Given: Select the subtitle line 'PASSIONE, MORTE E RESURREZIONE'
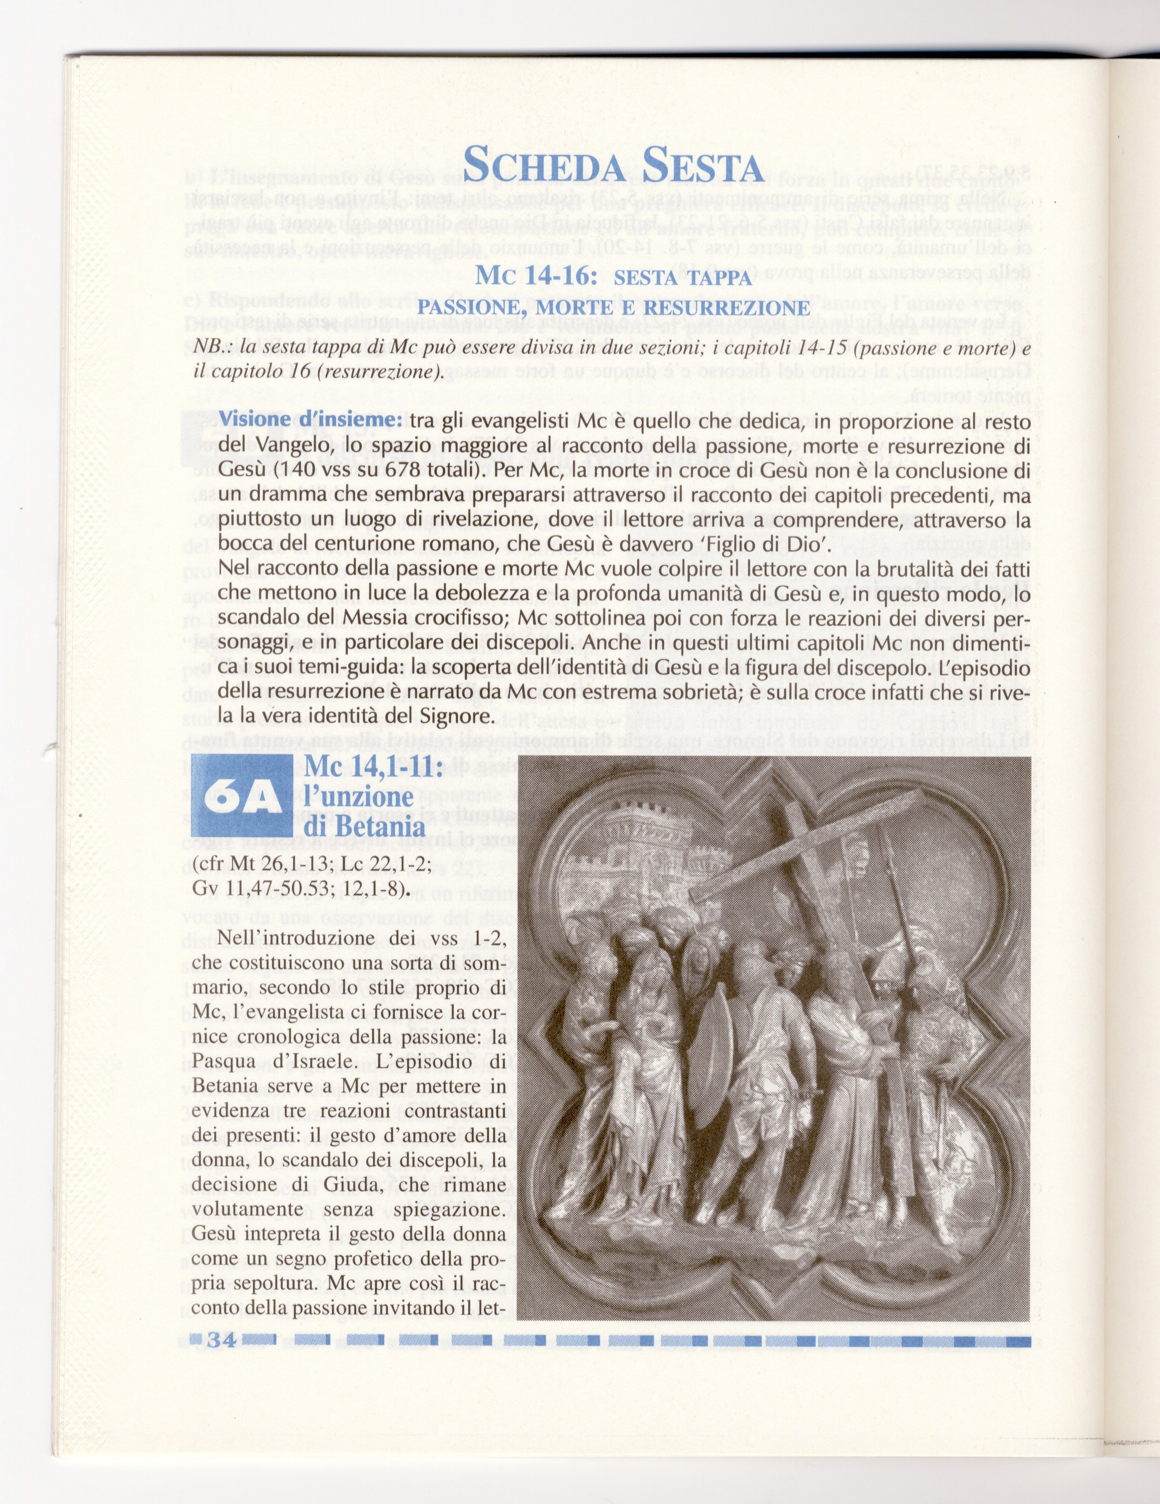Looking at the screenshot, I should pyautogui.click(x=613, y=307).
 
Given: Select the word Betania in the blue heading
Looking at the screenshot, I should pyautogui.click(x=384, y=826).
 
